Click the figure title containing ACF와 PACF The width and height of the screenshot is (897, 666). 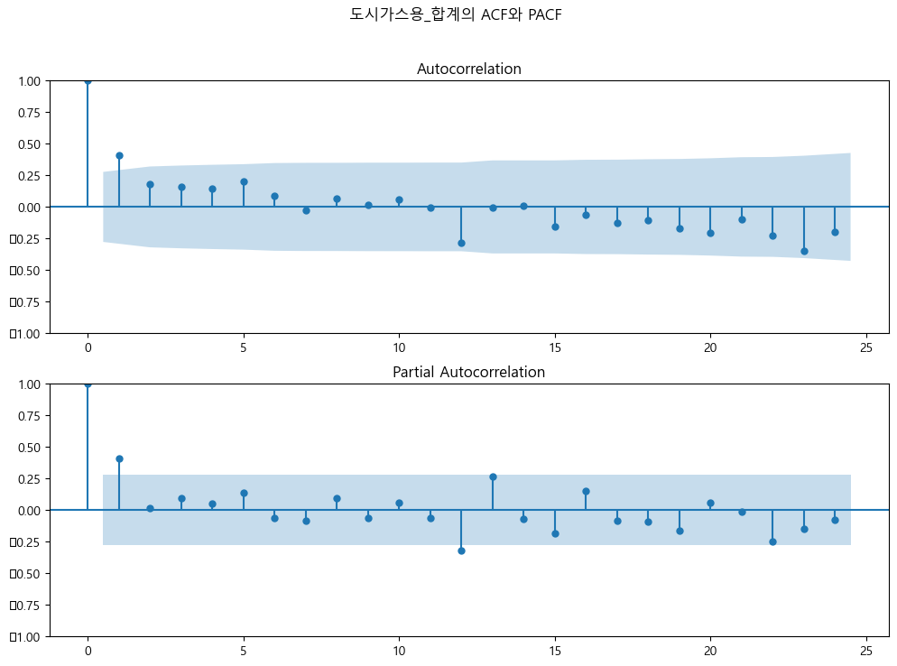coord(456,14)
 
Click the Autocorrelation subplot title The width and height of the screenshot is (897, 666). coord(468,69)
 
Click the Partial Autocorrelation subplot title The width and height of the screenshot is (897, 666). coord(468,373)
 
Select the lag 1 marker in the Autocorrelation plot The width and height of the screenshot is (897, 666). coord(119,155)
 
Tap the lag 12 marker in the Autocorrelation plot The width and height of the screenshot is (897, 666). coord(461,243)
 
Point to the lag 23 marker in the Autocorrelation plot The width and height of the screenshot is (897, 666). coord(804,251)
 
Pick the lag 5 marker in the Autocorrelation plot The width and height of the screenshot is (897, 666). coord(244,181)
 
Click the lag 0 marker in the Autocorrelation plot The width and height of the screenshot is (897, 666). coord(88,80)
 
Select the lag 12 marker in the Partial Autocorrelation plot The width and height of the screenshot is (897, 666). coord(461,550)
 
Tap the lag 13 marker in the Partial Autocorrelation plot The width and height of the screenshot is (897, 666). coord(493,476)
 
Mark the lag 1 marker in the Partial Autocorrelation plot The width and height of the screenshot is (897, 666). coord(119,458)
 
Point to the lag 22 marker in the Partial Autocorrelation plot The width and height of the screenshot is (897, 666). coord(772,541)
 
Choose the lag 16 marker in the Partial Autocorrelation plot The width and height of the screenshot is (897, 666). coord(586,491)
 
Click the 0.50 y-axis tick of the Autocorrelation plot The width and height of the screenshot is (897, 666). coord(28,144)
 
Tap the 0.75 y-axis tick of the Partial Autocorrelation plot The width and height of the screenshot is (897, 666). coord(28,416)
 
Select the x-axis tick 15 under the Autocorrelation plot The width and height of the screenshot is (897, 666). coord(555,347)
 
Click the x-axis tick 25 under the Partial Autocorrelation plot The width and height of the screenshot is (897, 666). coord(866,651)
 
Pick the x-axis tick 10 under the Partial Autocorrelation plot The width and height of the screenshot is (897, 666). coord(399,651)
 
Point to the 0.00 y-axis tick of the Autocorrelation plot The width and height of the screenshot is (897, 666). coord(28,208)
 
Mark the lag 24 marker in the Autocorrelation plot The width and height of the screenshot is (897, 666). coord(835,232)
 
